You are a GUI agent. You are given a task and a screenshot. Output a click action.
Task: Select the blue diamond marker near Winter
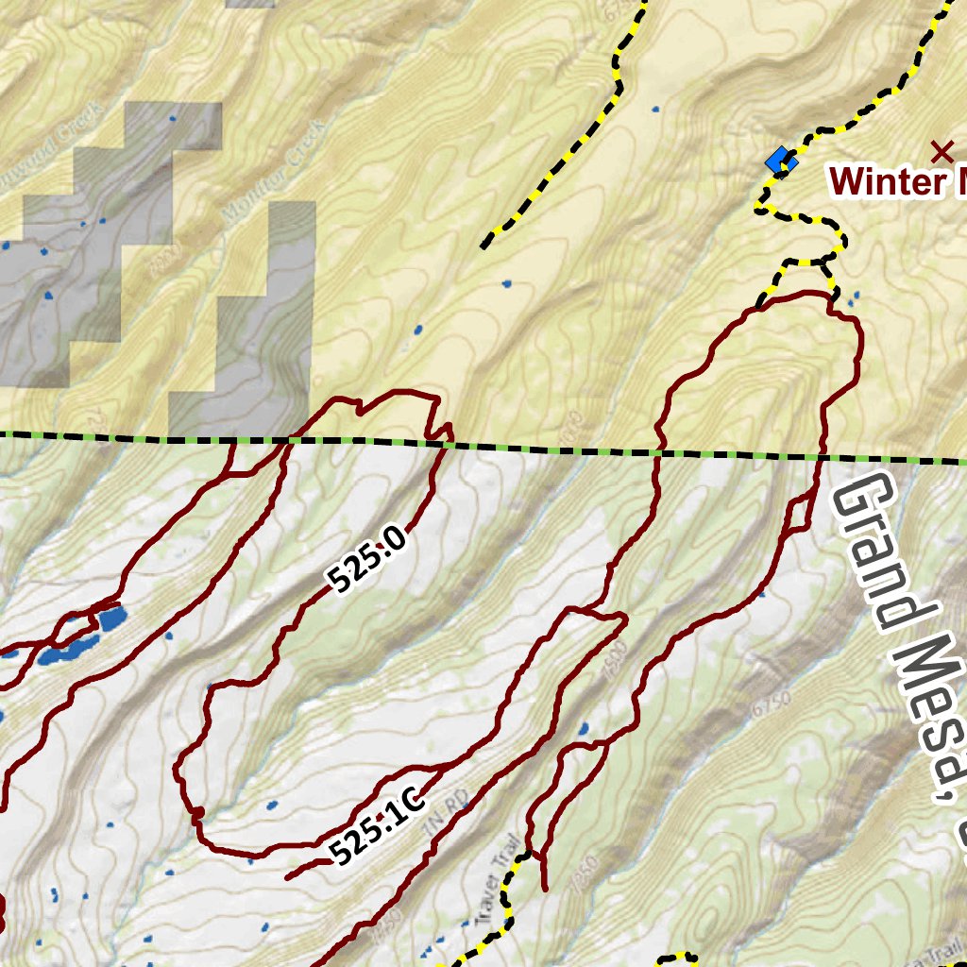781,161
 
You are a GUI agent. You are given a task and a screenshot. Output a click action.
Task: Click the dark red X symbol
941,151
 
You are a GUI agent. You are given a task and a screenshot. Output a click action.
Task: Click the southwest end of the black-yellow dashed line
484,246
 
